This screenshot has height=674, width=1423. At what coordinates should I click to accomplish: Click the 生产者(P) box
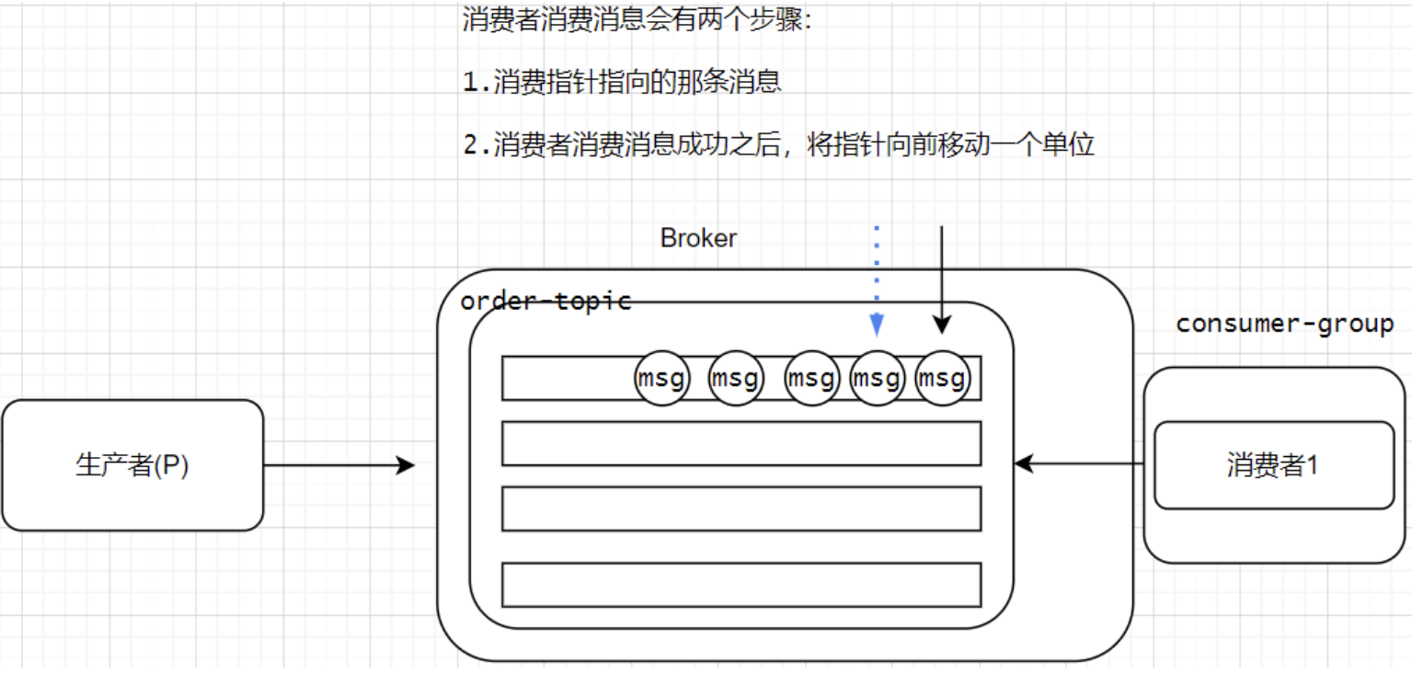tap(132, 465)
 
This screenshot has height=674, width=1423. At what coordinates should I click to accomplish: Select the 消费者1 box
tap(1274, 465)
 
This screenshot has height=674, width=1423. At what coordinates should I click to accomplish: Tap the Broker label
tap(698, 238)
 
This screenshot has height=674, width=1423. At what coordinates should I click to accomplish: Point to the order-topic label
tap(545, 301)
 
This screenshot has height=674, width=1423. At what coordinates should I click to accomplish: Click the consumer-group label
tap(1284, 324)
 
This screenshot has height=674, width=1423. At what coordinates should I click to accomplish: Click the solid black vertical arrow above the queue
tap(941, 276)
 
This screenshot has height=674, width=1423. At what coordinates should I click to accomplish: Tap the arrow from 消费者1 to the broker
tap(1081, 465)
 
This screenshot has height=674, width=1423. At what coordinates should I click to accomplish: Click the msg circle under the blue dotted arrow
tap(878, 378)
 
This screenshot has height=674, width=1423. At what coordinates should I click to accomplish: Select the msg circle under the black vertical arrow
tap(943, 378)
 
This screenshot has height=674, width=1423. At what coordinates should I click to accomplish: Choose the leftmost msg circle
tap(662, 378)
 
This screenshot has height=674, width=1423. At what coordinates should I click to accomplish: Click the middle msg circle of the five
tap(813, 378)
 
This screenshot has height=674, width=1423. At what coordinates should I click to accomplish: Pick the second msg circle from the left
tap(737, 378)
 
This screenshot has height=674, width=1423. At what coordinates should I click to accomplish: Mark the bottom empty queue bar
tap(741, 584)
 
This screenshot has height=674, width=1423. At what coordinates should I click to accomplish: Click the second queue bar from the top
tap(741, 443)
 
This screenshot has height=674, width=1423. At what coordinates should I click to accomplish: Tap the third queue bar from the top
tap(741, 508)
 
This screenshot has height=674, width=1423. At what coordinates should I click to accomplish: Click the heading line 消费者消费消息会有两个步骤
tap(637, 20)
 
